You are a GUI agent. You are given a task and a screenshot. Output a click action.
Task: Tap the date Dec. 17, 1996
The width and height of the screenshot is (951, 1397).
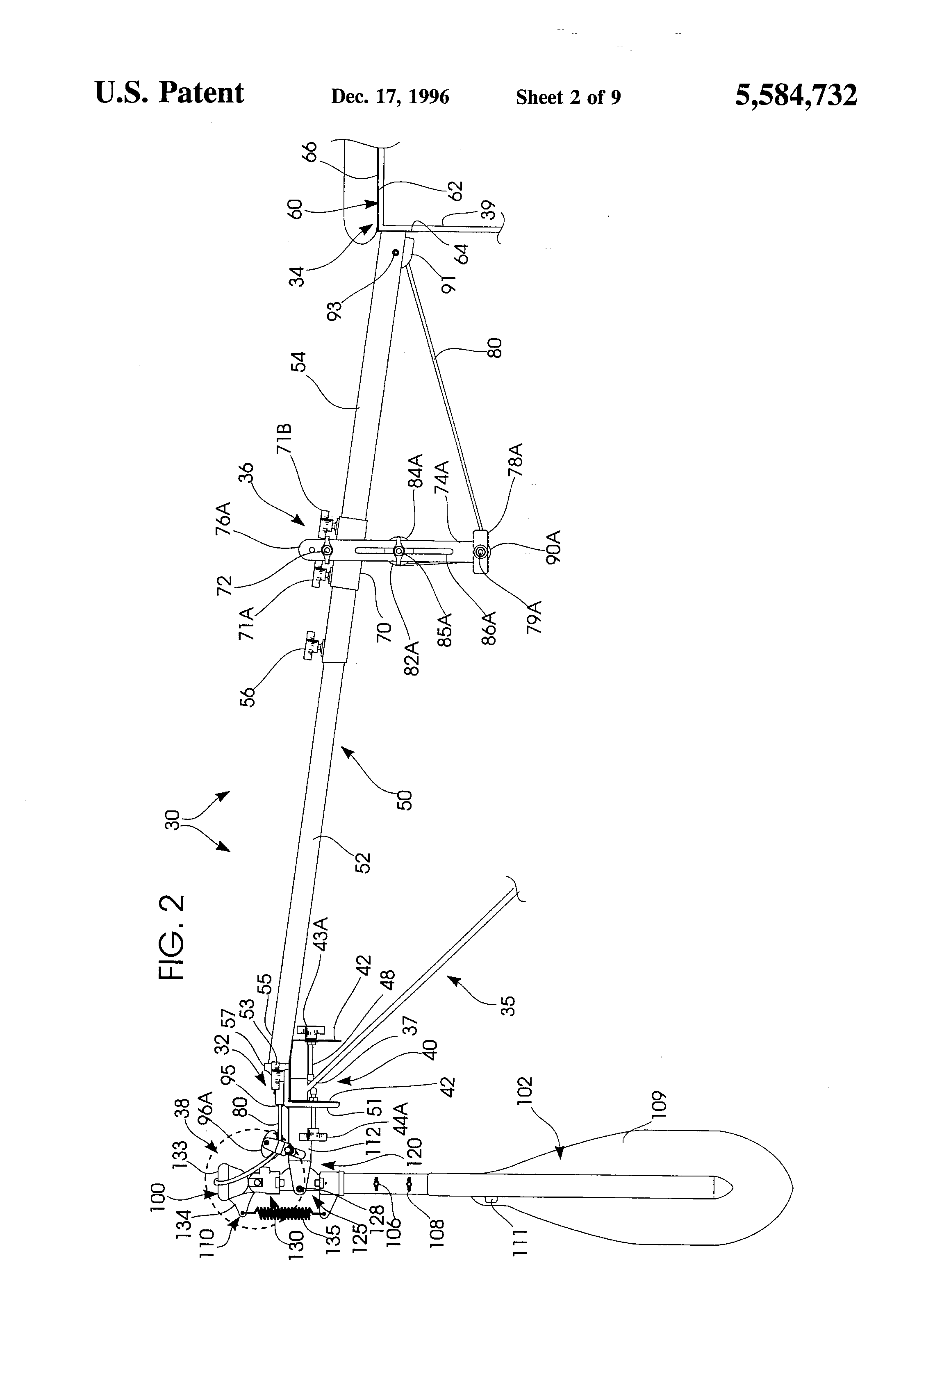pos(390,97)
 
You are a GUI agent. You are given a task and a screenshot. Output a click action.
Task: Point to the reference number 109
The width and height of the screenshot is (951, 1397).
pos(656,1104)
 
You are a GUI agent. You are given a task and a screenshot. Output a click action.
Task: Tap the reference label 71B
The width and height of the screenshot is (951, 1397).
pos(285,441)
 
